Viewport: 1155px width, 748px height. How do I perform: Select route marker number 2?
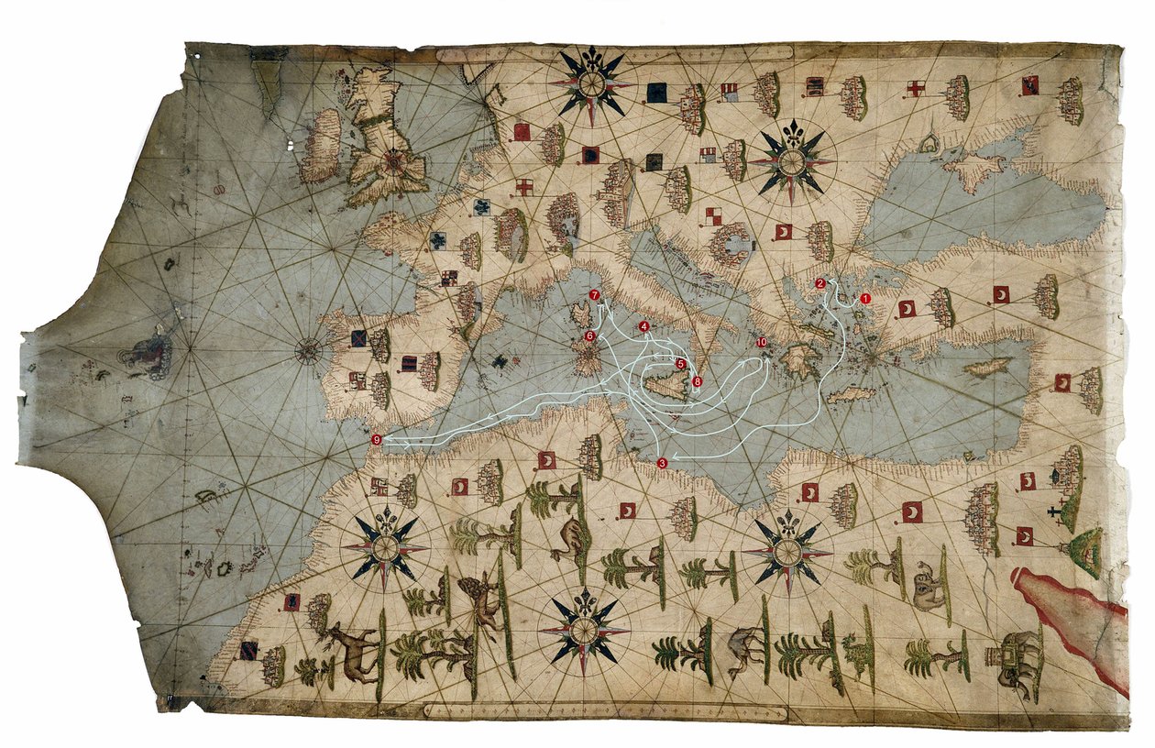819,283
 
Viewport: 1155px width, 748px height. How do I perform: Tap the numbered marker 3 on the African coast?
663,463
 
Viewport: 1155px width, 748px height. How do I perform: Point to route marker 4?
643,326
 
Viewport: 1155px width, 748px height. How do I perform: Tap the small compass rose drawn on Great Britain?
394,164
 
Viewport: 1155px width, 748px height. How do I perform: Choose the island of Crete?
852,394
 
